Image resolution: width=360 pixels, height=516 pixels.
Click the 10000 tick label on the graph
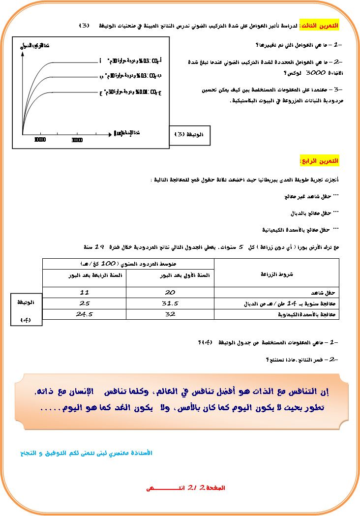[x=40, y=140]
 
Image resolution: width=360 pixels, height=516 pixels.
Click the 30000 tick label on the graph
[x=76, y=140]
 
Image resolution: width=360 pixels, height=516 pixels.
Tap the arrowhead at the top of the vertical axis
[x=23, y=52]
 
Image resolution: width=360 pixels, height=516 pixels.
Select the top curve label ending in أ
[x=131, y=61]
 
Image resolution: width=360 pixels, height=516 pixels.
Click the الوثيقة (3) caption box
[x=192, y=134]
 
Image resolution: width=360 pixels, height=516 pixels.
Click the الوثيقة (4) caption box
[x=26, y=309]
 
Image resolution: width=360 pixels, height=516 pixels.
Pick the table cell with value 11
[x=84, y=292]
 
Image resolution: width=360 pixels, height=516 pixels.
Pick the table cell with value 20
[x=170, y=292]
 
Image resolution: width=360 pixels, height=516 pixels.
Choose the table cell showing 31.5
[x=170, y=303]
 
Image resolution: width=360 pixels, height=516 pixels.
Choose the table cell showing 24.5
[x=84, y=313]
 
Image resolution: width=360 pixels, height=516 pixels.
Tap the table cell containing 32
[x=170, y=313]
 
